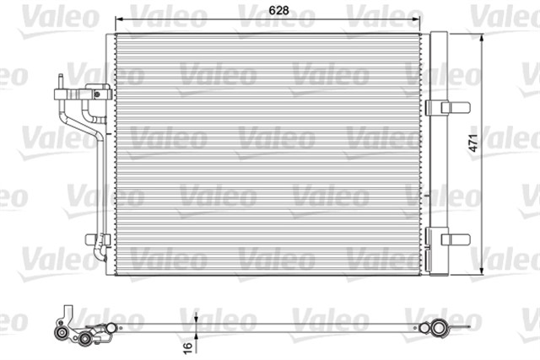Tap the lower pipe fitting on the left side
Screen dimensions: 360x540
click(98, 242)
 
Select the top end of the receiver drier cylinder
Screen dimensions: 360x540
click(439, 35)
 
